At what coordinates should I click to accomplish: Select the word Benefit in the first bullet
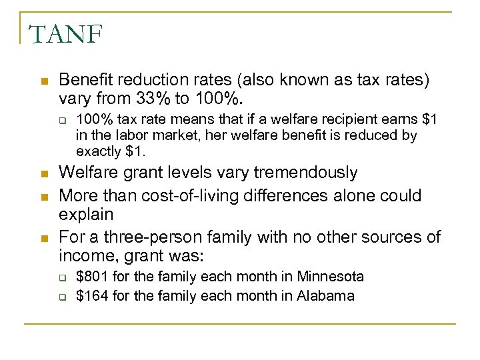83,80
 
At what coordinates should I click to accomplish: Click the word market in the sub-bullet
177,135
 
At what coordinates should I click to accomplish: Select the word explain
86,215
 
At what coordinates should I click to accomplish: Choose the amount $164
93,295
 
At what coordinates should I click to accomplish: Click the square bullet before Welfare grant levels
43,174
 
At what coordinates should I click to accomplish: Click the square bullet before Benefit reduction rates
43,81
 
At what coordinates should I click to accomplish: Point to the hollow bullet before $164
62,296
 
